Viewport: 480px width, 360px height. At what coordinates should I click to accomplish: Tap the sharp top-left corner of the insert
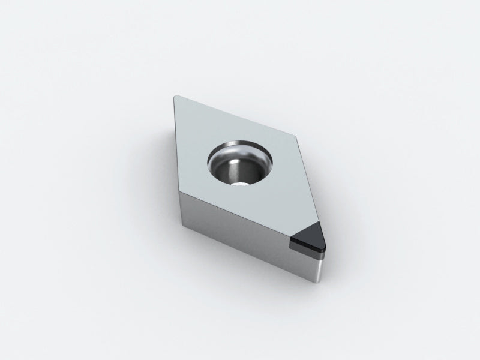[x=175, y=97]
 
